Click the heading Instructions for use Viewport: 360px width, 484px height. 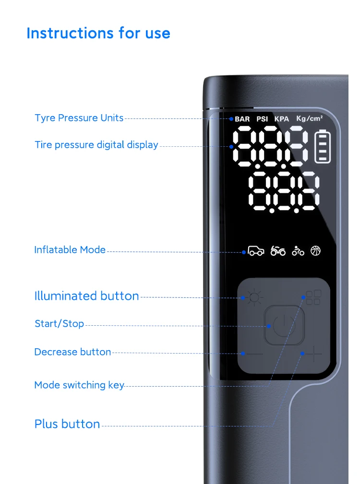(98, 33)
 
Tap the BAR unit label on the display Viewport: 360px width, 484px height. (242, 119)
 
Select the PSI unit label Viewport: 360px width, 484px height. (262, 119)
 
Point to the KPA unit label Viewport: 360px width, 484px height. (282, 119)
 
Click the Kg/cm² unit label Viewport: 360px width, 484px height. (310, 118)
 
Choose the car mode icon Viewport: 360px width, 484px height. (256, 251)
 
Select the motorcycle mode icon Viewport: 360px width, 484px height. (278, 251)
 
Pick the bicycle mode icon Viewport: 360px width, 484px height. (298, 251)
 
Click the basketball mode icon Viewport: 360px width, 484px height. (315, 250)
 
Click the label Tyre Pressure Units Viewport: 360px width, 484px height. (79, 118)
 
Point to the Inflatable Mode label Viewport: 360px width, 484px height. (70, 250)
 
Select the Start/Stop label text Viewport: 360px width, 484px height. (59, 324)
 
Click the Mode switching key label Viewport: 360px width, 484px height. (79, 385)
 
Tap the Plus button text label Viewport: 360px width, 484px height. (67, 424)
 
